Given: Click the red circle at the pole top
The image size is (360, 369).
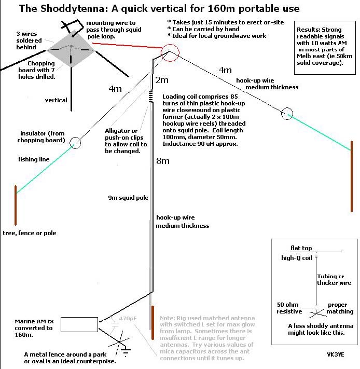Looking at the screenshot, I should pyautogui.click(x=170, y=52).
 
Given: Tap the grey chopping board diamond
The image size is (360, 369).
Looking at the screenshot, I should pyautogui.click(x=71, y=50).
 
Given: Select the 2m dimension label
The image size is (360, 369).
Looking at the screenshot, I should pyautogui.click(x=162, y=80).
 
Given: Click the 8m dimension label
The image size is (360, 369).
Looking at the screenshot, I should pyautogui.click(x=163, y=161).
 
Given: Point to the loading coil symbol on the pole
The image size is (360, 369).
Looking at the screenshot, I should pyautogui.click(x=151, y=96).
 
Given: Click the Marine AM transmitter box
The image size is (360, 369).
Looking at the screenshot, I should pyautogui.click(x=79, y=324).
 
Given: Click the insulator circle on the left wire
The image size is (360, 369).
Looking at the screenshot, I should pyautogui.click(x=75, y=143).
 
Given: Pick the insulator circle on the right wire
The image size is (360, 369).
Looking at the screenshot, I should pyautogui.click(x=287, y=113).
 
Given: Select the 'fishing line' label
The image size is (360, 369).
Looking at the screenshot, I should pyautogui.click(x=34, y=159).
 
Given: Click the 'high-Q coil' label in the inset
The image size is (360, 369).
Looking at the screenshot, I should pyautogui.click(x=297, y=257).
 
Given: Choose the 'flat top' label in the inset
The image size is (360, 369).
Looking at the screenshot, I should pyautogui.click(x=301, y=248).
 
